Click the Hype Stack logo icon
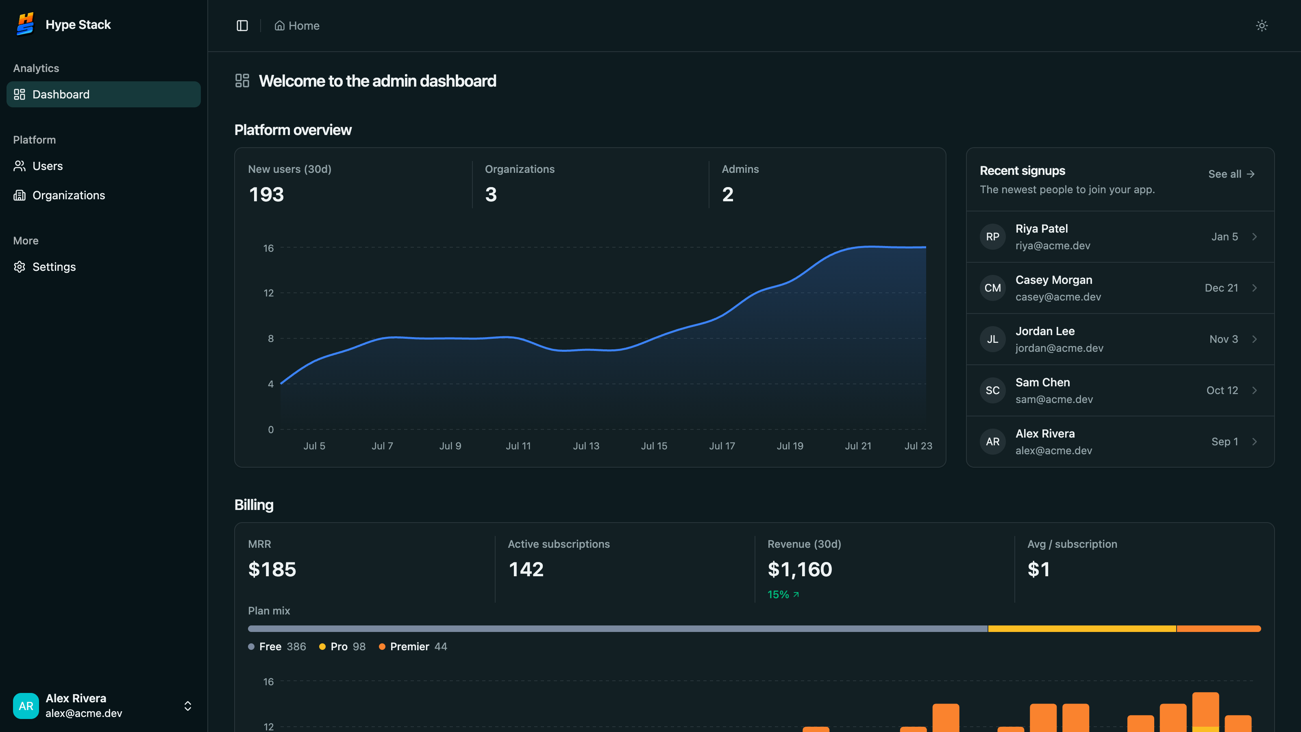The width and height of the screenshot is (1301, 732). pyautogui.click(x=25, y=24)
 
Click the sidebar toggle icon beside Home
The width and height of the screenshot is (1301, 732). pyautogui.click(x=242, y=26)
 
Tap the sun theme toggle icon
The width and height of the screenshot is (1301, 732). pyautogui.click(x=1262, y=26)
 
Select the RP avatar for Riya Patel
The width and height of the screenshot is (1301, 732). pyautogui.click(x=992, y=237)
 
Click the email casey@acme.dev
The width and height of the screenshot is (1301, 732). pyautogui.click(x=1058, y=297)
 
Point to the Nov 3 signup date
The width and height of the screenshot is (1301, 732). pyautogui.click(x=1223, y=340)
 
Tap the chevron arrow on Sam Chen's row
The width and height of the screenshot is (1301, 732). pyautogui.click(x=1255, y=390)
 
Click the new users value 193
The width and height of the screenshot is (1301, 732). pyautogui.click(x=266, y=194)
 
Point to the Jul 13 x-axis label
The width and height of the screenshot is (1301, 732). pyautogui.click(x=586, y=446)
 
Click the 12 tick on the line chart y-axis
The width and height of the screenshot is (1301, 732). pyautogui.click(x=269, y=293)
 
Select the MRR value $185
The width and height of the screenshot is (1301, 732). pyautogui.click(x=272, y=569)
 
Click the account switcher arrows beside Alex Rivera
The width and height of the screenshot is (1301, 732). pyautogui.click(x=187, y=706)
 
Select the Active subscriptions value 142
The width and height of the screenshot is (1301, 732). pyautogui.click(x=526, y=569)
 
